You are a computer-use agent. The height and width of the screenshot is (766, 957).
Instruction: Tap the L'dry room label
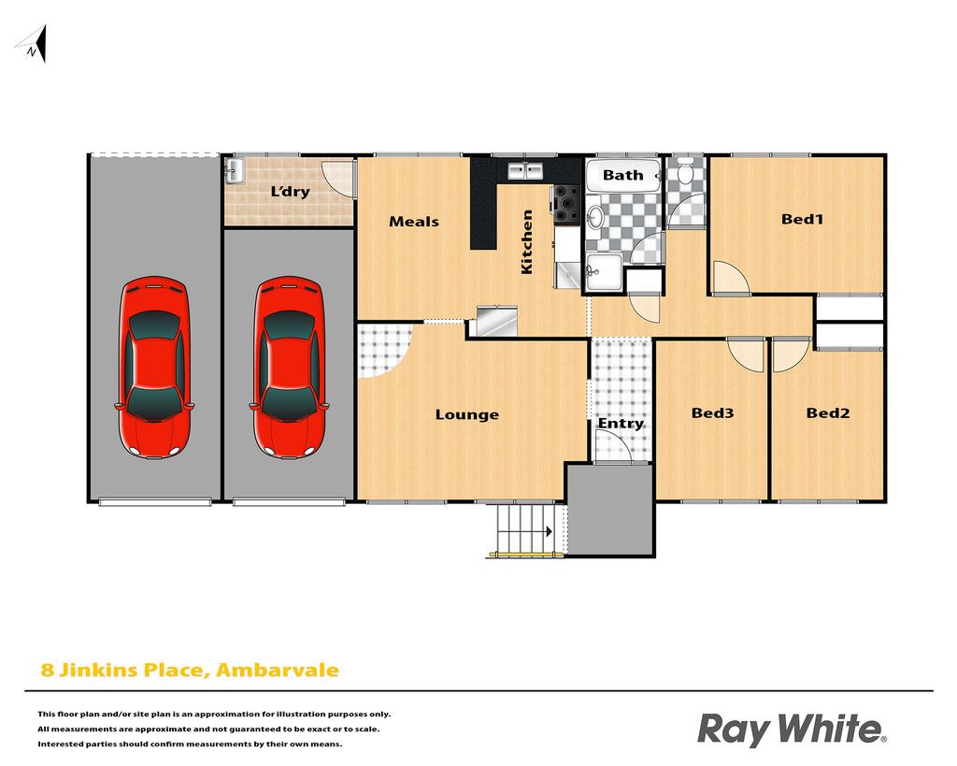tap(290, 192)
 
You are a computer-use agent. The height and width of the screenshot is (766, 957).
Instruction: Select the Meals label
tap(414, 222)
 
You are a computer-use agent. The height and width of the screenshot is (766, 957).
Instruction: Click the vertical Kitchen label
tap(527, 242)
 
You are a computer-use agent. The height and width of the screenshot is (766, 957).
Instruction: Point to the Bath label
tap(622, 175)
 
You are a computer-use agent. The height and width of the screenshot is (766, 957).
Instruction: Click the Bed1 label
tap(802, 219)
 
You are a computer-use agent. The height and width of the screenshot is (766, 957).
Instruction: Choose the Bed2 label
tap(828, 413)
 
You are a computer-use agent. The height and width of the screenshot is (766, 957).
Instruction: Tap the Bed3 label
tap(712, 413)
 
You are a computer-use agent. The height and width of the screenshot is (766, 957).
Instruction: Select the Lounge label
tap(467, 415)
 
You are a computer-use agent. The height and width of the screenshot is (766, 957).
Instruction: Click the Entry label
tap(621, 424)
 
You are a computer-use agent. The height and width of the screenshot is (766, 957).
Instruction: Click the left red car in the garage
tap(154, 368)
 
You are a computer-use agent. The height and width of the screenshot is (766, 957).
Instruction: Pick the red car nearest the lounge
tap(288, 368)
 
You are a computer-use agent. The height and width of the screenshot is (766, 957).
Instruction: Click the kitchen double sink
tap(525, 170)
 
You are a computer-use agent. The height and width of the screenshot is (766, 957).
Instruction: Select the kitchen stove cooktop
tap(565, 202)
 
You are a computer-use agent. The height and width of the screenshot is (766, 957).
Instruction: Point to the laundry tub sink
tap(235, 171)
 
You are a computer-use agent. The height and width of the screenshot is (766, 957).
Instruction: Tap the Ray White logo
tap(792, 730)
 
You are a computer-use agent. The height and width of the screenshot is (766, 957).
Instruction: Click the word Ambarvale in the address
tap(278, 670)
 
